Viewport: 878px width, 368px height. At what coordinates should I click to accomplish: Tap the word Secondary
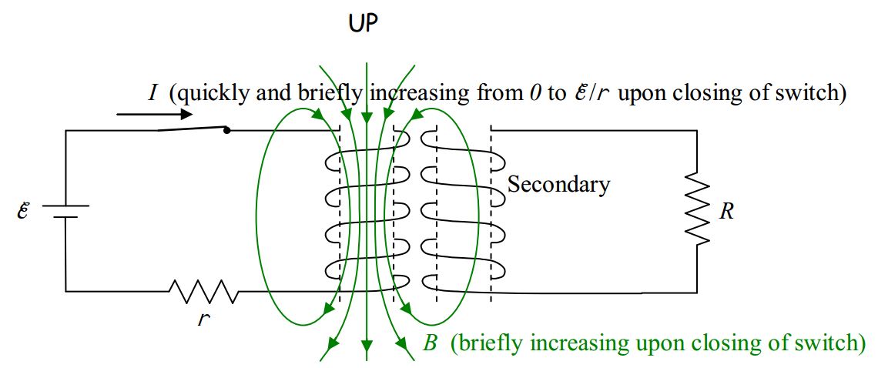tap(558, 184)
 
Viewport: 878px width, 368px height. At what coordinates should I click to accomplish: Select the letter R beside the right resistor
tap(726, 212)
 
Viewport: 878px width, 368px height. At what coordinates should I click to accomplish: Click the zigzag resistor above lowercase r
tap(203, 291)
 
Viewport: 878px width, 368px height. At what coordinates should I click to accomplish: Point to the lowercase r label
tap(203, 318)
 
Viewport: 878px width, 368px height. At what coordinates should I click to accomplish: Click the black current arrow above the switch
tap(154, 115)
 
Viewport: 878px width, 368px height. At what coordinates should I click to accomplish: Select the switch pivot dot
tap(226, 130)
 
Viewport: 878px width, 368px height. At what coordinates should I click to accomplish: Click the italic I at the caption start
tap(153, 94)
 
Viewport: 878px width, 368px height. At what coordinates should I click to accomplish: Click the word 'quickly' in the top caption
tap(209, 94)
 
